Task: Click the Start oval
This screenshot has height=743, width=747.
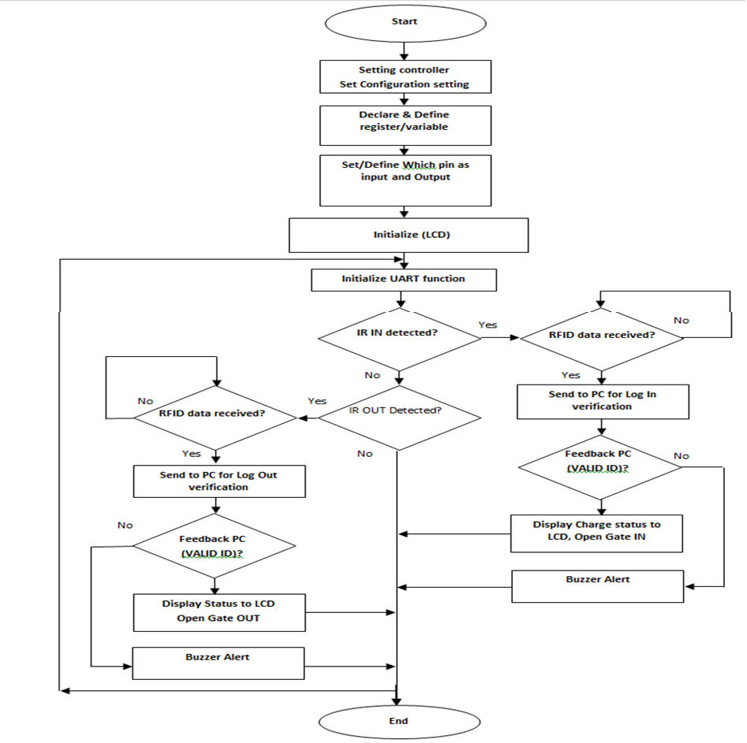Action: tap(404, 22)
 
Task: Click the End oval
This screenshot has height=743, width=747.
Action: tap(399, 720)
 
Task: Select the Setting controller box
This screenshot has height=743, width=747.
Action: tap(404, 76)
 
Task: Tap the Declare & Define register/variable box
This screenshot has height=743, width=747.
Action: tap(404, 125)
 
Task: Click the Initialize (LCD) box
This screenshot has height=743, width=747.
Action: tap(407, 235)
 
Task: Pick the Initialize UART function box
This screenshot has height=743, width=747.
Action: tap(403, 279)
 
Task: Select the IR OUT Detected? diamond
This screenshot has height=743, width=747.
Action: tap(399, 411)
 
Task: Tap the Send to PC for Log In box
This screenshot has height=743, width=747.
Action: tap(602, 401)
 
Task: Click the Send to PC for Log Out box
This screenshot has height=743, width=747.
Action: tap(219, 481)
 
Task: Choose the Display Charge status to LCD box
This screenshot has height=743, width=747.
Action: tap(596, 533)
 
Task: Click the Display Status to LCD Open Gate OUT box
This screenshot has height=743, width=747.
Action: tap(218, 611)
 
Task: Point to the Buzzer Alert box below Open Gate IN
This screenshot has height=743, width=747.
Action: tap(597, 585)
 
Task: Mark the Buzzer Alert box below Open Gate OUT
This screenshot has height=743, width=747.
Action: tap(218, 663)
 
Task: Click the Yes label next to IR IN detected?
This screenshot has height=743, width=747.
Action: tap(488, 325)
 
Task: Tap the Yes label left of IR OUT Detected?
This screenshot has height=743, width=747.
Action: tap(317, 401)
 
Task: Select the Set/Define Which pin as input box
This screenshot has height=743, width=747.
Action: tap(404, 180)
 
